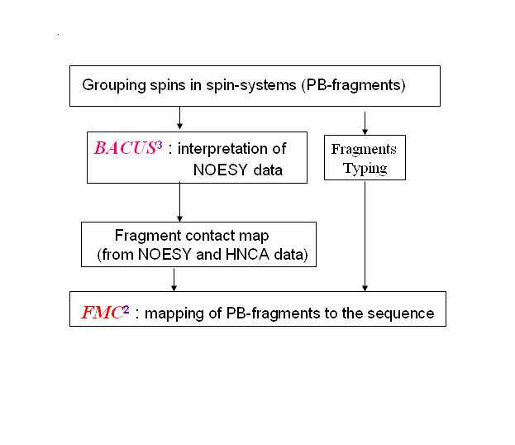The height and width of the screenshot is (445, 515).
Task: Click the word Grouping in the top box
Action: [111, 85]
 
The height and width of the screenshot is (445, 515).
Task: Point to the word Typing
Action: [364, 168]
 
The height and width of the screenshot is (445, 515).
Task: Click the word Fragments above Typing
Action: [364, 150]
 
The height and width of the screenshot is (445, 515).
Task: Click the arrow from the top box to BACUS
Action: [179, 118]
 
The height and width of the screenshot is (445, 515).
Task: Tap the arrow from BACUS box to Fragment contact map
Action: [179, 202]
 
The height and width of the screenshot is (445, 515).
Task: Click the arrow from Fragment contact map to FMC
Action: [174, 279]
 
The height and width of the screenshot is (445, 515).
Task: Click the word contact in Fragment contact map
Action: [194, 237]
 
